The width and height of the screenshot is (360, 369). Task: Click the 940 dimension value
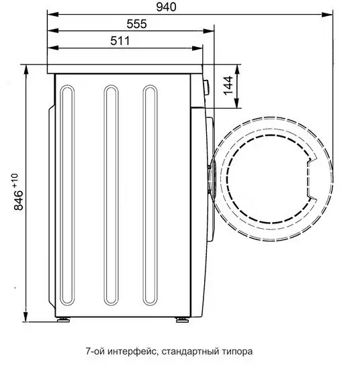pyautogui.click(x=166, y=7)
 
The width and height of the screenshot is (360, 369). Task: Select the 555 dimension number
pyautogui.click(x=136, y=23)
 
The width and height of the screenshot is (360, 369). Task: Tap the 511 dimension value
pyautogui.click(x=120, y=41)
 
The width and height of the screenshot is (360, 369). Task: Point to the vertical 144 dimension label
pyautogui.click(x=228, y=86)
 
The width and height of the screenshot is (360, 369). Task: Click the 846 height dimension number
pyautogui.click(x=19, y=201)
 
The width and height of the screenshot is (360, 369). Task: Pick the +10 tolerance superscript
pyautogui.click(x=15, y=180)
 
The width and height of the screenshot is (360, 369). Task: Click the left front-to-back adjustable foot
pyautogui.click(x=63, y=319)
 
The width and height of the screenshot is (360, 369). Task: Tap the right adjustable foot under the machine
pyautogui.click(x=182, y=319)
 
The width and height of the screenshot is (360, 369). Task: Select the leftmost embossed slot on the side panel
pyautogui.click(x=67, y=195)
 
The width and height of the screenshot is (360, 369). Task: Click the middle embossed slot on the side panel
pyautogui.click(x=111, y=195)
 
